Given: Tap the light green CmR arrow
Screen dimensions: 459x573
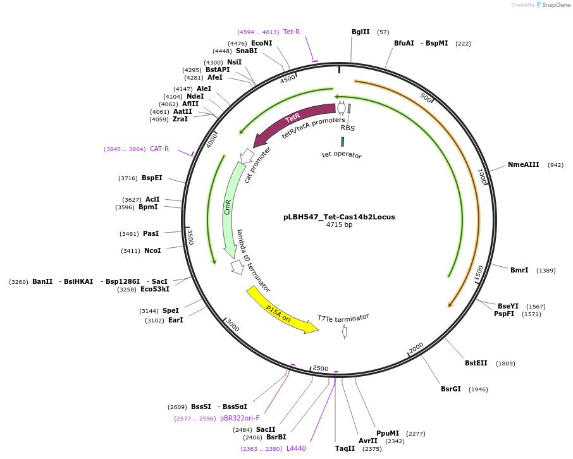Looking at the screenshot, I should coord(230,209).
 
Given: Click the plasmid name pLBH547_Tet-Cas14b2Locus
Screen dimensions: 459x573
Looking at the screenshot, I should coord(339,217).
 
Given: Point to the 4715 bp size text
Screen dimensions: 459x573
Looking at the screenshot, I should coord(339,225).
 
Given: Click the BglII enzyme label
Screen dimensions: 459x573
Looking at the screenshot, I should coord(360,32).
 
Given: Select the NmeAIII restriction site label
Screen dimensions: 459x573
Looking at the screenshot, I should coord(523,165).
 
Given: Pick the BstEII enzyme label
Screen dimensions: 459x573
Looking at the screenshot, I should coord(476,364).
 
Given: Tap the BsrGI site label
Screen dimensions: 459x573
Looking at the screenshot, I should coord(451,389).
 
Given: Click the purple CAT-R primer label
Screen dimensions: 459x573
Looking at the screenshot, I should coord(159,149).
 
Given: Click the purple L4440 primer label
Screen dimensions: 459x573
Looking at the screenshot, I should coord(296,449).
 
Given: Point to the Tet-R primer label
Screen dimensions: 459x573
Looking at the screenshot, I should coord(292,32).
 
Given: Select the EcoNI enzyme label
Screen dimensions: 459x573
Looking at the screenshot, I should coord(261,43).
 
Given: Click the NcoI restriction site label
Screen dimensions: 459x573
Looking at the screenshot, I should coord(152,251).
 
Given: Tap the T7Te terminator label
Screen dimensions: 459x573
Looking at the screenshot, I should coord(343,317).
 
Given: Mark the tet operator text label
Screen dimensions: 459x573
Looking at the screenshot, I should coord(342,155).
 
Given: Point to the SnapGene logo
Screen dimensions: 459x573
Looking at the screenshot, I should coord(551,5).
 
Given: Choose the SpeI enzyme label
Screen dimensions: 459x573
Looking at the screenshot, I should coord(171,311).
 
